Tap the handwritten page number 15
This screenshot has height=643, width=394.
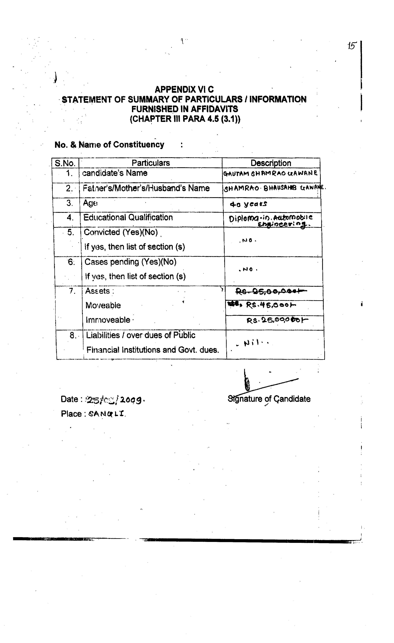coord(352,46)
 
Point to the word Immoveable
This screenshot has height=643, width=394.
coord(108,320)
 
